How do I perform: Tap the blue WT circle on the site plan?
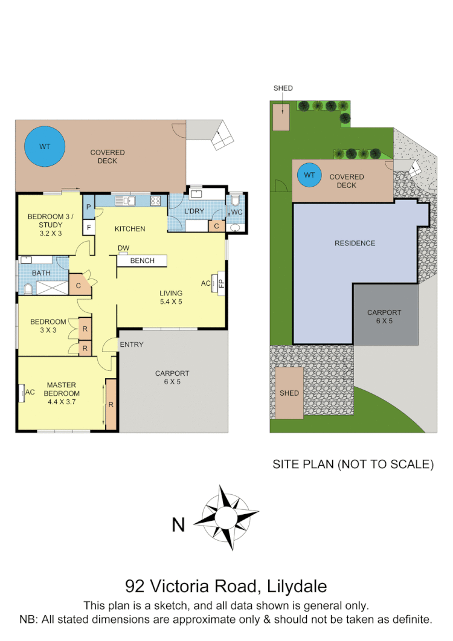[x=309, y=176]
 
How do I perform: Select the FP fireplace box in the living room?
[x=221, y=283]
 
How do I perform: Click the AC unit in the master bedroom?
[x=30, y=393]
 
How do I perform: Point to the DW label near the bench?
[x=123, y=248]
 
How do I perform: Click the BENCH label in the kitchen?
[x=142, y=260]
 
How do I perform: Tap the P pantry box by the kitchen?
[x=88, y=207]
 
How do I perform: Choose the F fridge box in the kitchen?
[x=88, y=227]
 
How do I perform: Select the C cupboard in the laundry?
[x=216, y=226]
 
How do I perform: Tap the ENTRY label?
[x=131, y=344]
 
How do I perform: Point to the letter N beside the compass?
[x=178, y=525]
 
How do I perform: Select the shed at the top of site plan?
[x=281, y=117]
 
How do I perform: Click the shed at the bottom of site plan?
[x=289, y=393]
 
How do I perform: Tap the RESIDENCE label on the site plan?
[x=355, y=243]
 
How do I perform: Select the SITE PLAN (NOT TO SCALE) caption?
[x=353, y=465]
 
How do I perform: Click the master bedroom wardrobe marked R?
[x=111, y=405]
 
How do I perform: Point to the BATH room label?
[x=42, y=273]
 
